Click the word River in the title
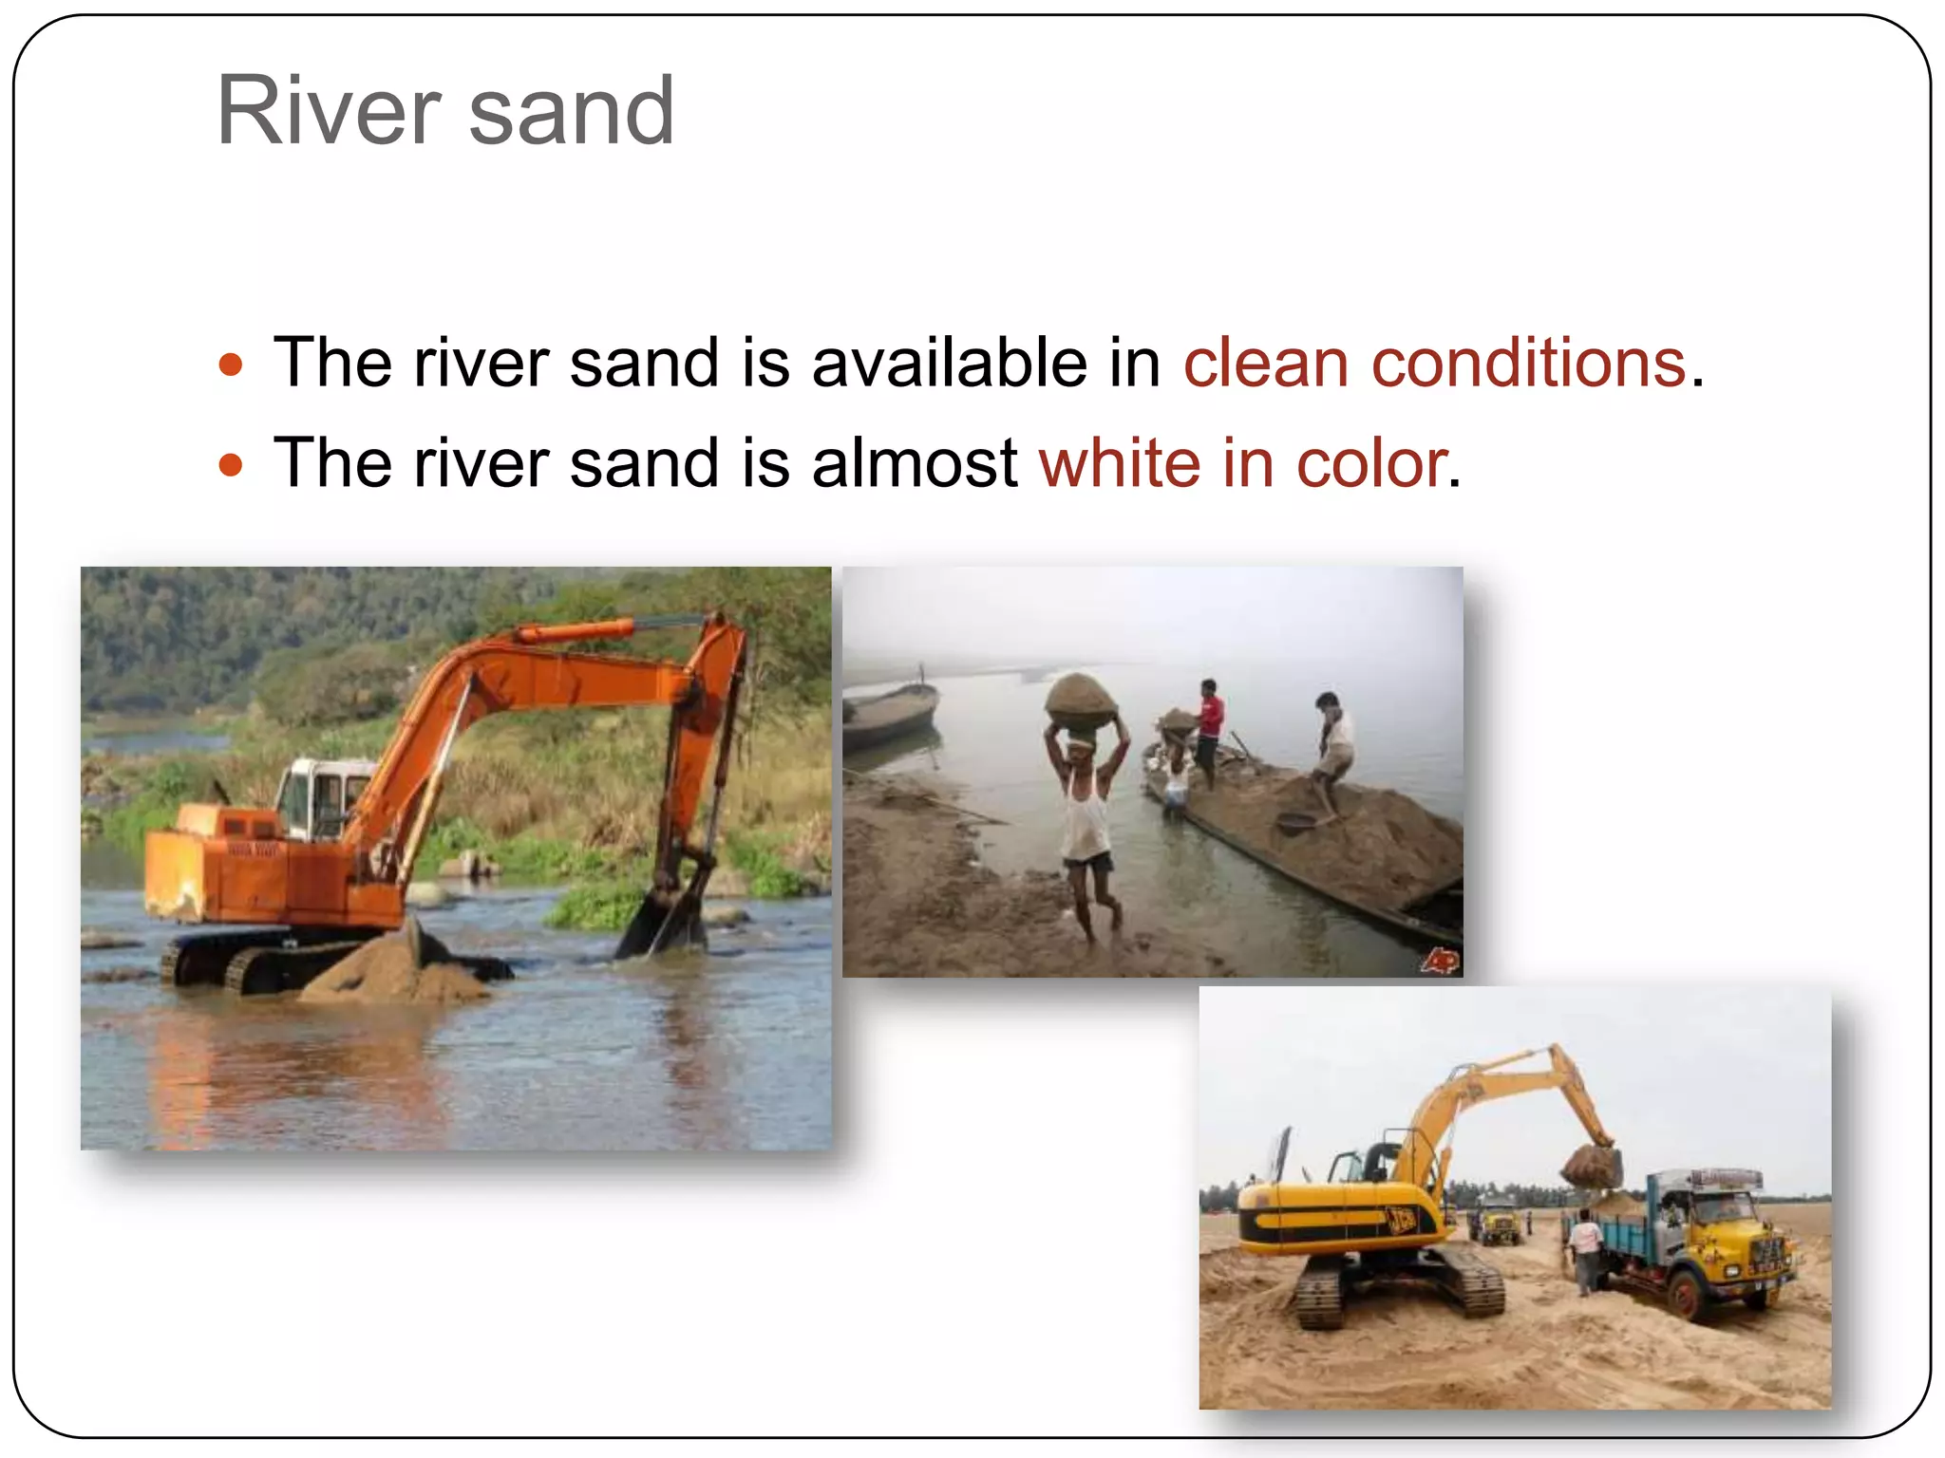pyautogui.click(x=329, y=111)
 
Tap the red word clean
pyautogui.click(x=1265, y=364)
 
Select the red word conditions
pyautogui.click(x=1528, y=364)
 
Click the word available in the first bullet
pyautogui.click(x=949, y=364)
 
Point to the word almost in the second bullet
pyautogui.click(x=914, y=464)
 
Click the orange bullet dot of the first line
pyautogui.click(x=231, y=364)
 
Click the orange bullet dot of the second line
pyautogui.click(x=231, y=465)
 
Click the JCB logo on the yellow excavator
pyautogui.click(x=1401, y=1220)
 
